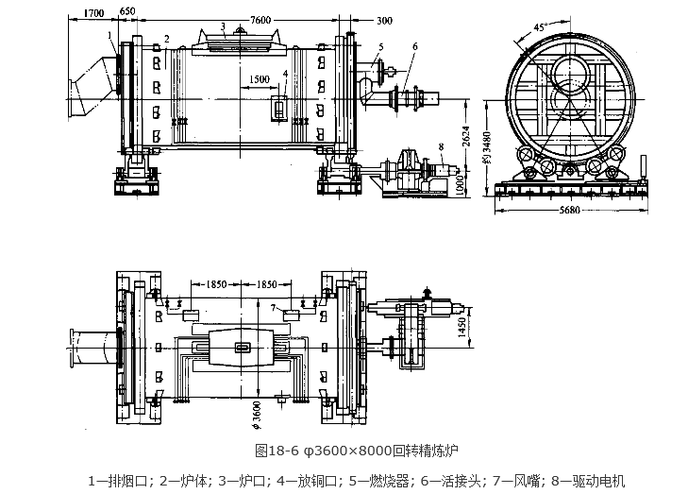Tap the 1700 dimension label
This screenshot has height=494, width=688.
point(92,12)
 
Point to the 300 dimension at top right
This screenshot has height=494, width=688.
point(358,19)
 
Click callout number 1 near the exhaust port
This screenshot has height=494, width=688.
point(109,36)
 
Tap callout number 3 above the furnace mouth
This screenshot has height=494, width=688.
point(222,26)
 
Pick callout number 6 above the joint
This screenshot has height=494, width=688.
point(413,46)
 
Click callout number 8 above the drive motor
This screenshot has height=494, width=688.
point(440,145)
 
